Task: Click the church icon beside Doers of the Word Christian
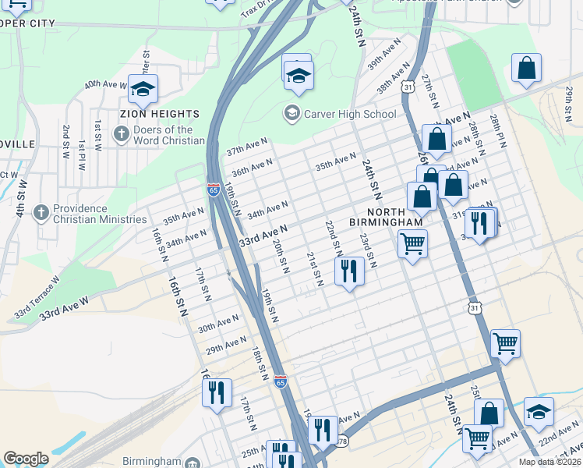tap(121, 135)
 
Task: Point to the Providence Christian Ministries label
tap(100, 214)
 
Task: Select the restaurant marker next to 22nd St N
tap(348, 271)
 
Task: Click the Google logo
tap(26, 459)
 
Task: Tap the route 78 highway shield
tap(343, 442)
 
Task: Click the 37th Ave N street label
tap(247, 147)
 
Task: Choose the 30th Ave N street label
tap(218, 322)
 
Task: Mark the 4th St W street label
tap(21, 199)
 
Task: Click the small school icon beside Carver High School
tap(291, 114)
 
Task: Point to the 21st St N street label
tap(314, 268)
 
